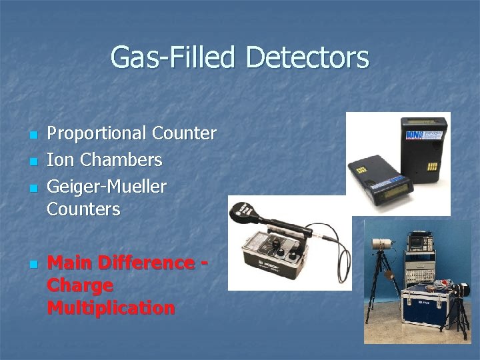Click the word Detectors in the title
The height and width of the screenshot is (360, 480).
click(x=307, y=57)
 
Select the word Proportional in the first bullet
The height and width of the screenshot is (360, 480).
click(x=97, y=134)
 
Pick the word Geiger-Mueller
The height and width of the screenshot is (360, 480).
click(x=107, y=186)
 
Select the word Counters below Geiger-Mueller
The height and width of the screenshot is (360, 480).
click(x=83, y=209)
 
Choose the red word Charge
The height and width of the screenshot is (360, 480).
click(x=80, y=285)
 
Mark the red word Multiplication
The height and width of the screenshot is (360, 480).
click(x=111, y=308)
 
